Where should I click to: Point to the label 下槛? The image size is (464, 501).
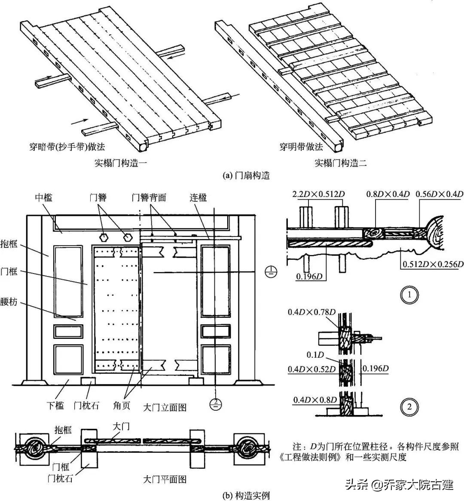[x=55, y=405]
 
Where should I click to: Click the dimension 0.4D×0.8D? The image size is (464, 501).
[x=315, y=400]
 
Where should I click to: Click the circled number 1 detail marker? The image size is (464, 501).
[x=409, y=295]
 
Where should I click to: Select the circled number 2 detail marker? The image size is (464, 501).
[x=409, y=406]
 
